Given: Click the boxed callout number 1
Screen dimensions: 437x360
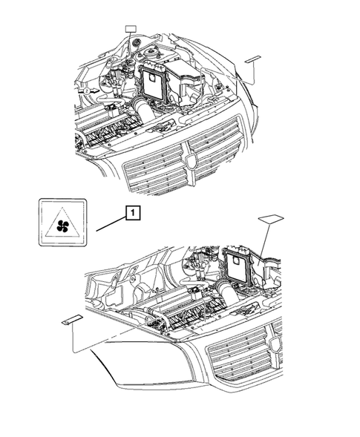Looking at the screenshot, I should coord(131,214).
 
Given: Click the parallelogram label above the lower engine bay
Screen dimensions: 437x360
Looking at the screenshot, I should coord(271,219).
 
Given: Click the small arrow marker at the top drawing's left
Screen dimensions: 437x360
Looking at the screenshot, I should coord(88,89).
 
